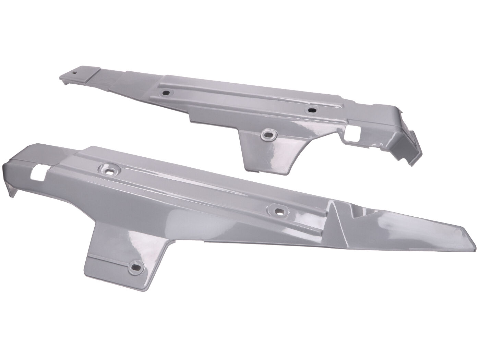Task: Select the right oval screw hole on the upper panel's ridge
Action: pos(312,110)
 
